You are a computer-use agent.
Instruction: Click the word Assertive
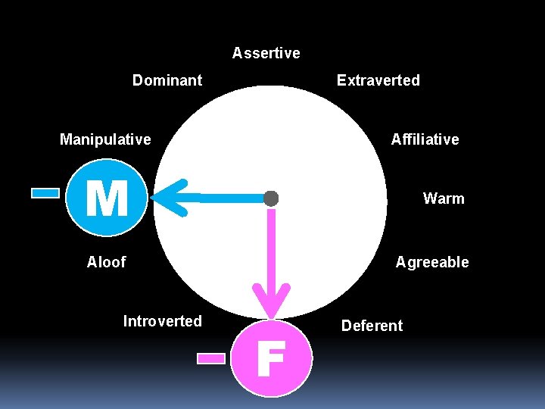coord(266,53)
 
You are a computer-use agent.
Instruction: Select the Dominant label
coord(167,80)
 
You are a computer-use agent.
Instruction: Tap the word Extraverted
coord(378,80)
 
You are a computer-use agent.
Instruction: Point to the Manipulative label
coord(105,139)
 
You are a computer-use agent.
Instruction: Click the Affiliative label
coord(425,139)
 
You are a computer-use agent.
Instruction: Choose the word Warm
coord(444,198)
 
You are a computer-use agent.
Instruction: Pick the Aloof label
coord(106,262)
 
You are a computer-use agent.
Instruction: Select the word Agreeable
coord(432,262)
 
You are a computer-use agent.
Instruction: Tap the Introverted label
coord(162,321)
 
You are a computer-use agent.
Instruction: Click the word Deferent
coord(372,326)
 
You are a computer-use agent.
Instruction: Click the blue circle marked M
coord(106,198)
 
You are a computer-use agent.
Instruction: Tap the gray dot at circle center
coord(271,198)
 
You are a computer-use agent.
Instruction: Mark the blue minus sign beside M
coord(45,193)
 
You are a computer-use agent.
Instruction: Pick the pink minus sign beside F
coord(211,358)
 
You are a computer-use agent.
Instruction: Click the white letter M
coord(106,199)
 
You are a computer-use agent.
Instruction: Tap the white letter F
coord(270,358)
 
